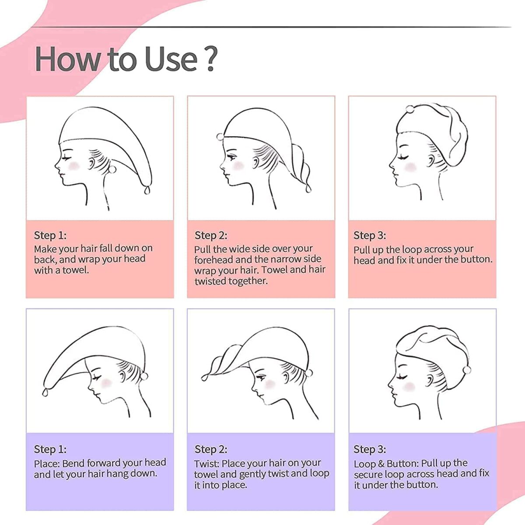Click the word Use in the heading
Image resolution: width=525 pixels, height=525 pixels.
click(171, 59)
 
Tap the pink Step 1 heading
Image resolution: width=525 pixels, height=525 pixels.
click(50, 235)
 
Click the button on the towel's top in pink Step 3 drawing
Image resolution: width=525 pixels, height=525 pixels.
click(409, 109)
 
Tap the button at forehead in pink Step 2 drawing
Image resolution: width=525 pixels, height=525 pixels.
click(220, 137)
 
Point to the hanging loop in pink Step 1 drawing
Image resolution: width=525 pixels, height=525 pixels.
click(147, 190)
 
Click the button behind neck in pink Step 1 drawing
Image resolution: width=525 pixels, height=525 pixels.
click(112, 170)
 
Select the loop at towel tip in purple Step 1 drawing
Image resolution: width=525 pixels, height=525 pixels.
click(45, 392)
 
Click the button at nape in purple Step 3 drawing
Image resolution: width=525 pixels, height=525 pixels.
click(467, 370)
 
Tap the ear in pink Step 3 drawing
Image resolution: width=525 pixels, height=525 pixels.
click(431, 161)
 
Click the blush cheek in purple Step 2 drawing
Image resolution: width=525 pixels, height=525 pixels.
click(270, 385)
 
